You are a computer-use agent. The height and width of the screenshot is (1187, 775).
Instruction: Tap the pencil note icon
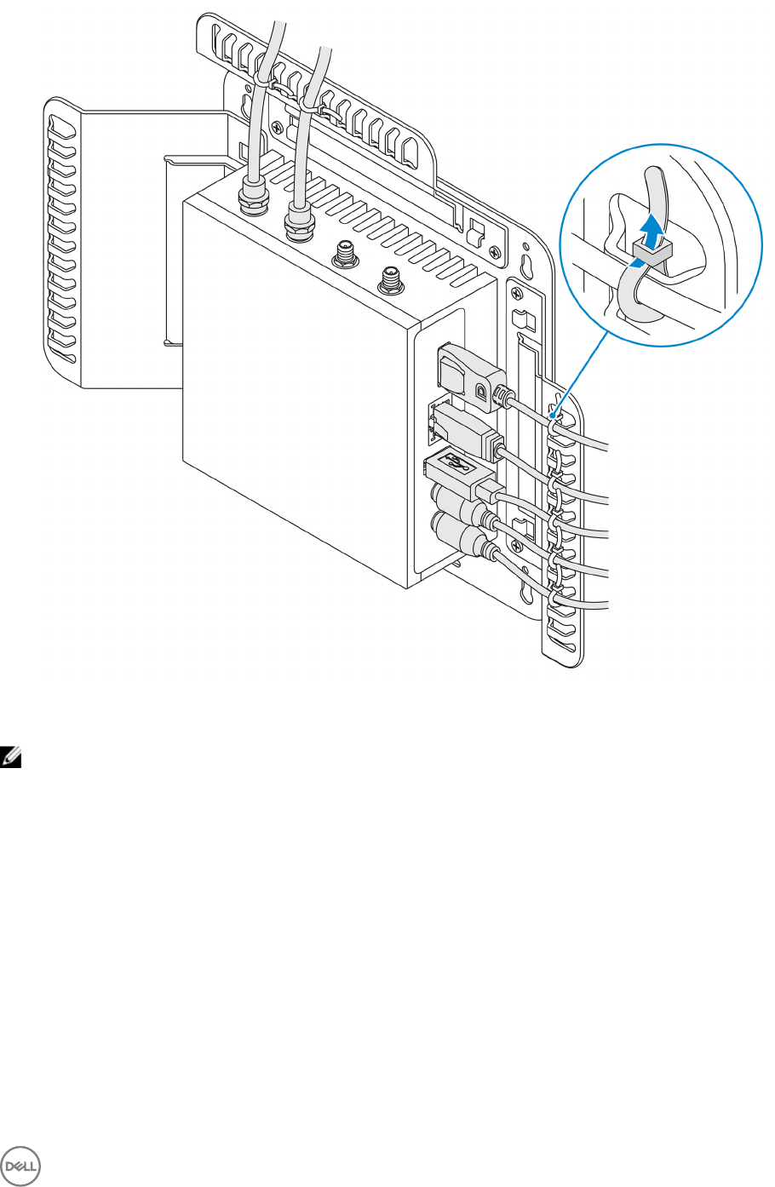pyautogui.click(x=11, y=754)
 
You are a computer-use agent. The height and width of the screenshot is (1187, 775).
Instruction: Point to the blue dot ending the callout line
pyautogui.click(x=554, y=417)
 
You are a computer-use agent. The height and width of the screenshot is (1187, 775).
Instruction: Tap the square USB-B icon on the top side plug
pyautogui.click(x=482, y=391)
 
